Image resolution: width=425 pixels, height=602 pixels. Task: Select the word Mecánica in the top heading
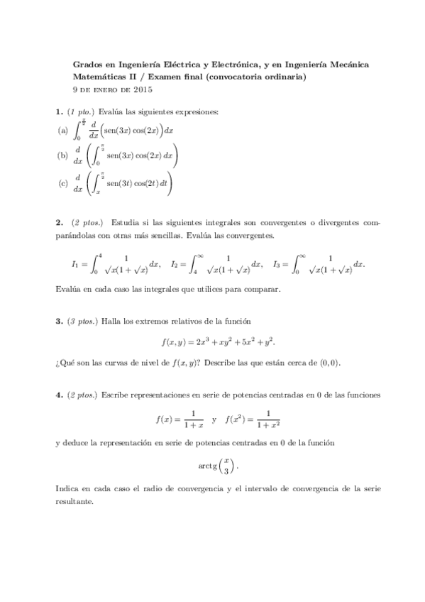[349, 65]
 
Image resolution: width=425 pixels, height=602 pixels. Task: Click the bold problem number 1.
[57, 112]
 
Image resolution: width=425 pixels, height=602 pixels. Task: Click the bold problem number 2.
[57, 222]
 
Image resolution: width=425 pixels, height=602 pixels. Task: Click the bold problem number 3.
[57, 322]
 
